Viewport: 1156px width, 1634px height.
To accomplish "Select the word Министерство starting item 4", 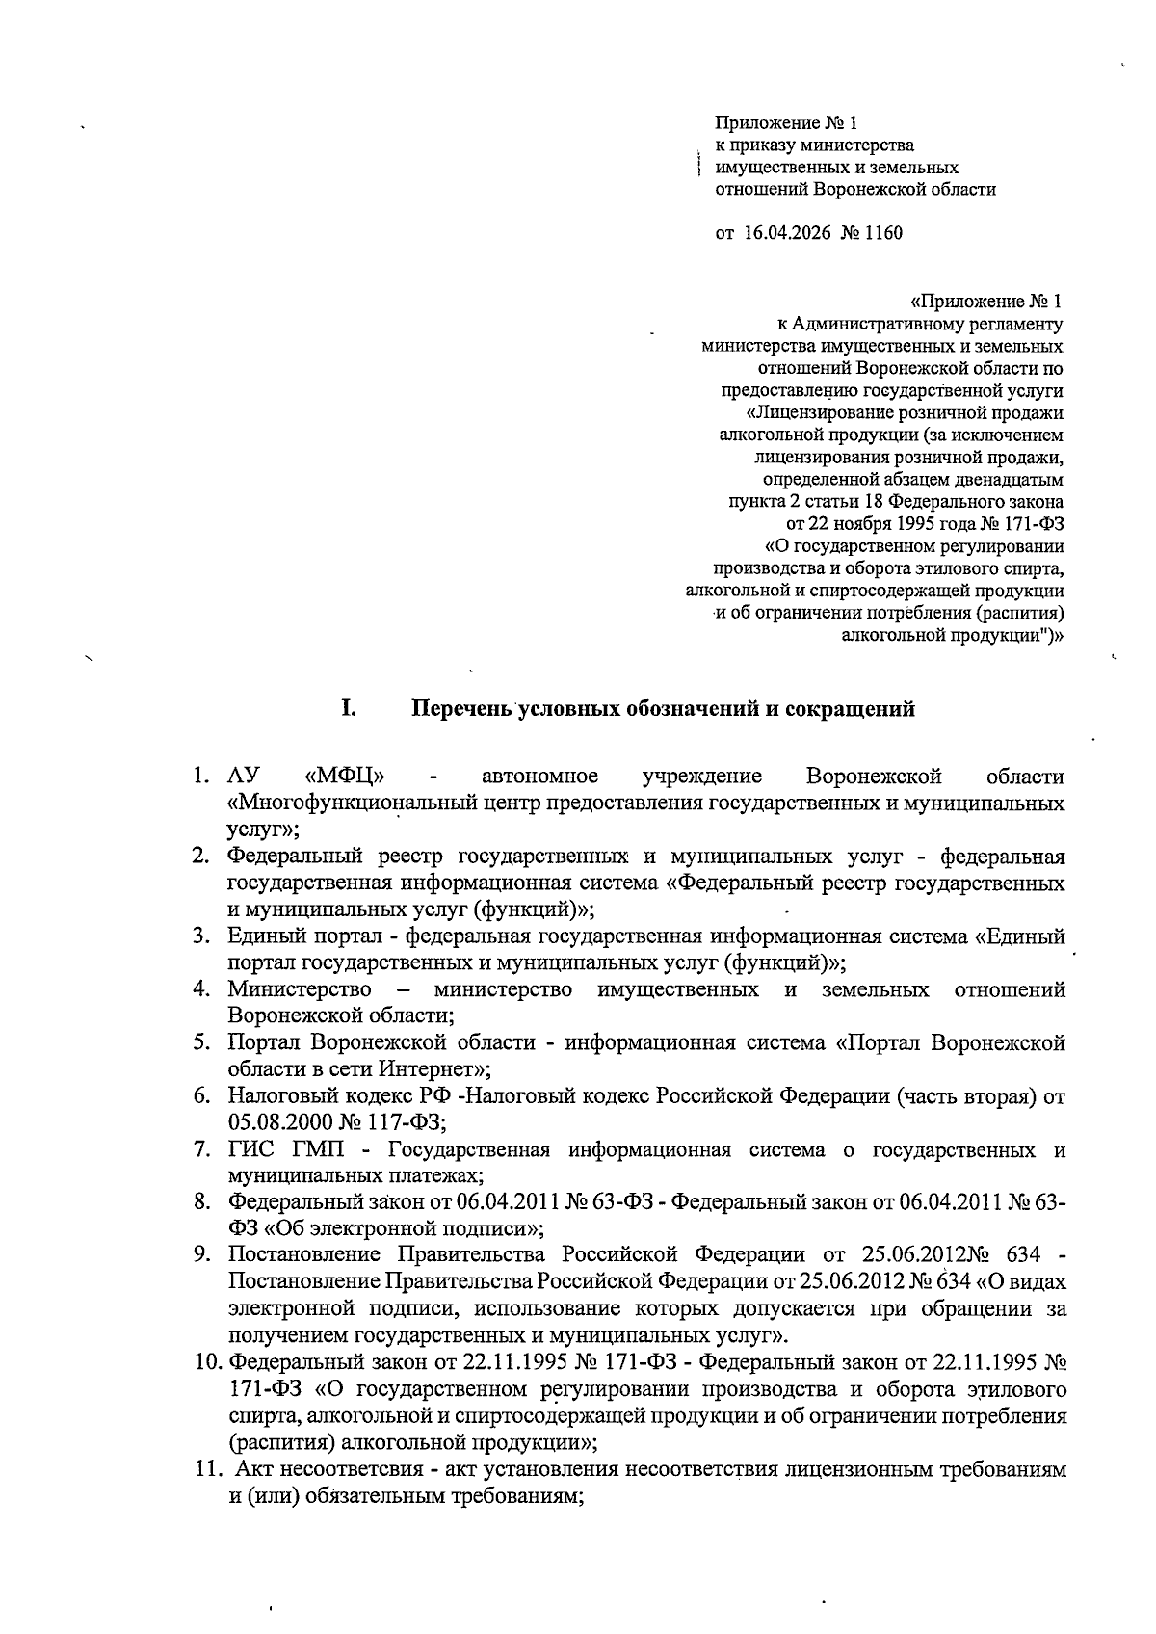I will (300, 989).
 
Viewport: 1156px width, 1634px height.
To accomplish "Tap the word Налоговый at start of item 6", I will (274, 1096).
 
